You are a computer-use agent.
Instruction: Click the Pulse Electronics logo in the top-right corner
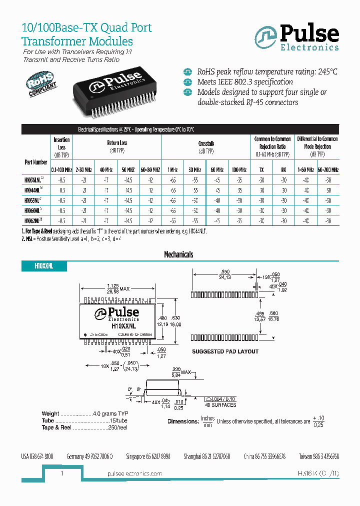(x=296, y=38)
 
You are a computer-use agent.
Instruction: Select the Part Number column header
(x=35, y=162)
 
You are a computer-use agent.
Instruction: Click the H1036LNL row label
(x=35, y=179)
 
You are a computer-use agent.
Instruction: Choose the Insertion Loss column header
(x=61, y=143)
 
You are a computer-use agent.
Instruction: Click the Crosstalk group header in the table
(x=206, y=143)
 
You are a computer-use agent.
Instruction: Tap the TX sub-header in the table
(x=261, y=170)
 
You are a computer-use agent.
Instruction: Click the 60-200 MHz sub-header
(x=328, y=170)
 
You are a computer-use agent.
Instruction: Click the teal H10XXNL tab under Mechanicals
(x=44, y=266)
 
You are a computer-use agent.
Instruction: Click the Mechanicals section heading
(x=178, y=254)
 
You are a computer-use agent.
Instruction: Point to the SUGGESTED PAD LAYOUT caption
(x=225, y=351)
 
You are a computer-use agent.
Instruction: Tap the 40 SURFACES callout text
(x=220, y=405)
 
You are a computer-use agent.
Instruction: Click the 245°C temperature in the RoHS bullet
(x=327, y=71)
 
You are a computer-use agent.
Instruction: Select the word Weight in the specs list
(x=50, y=414)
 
